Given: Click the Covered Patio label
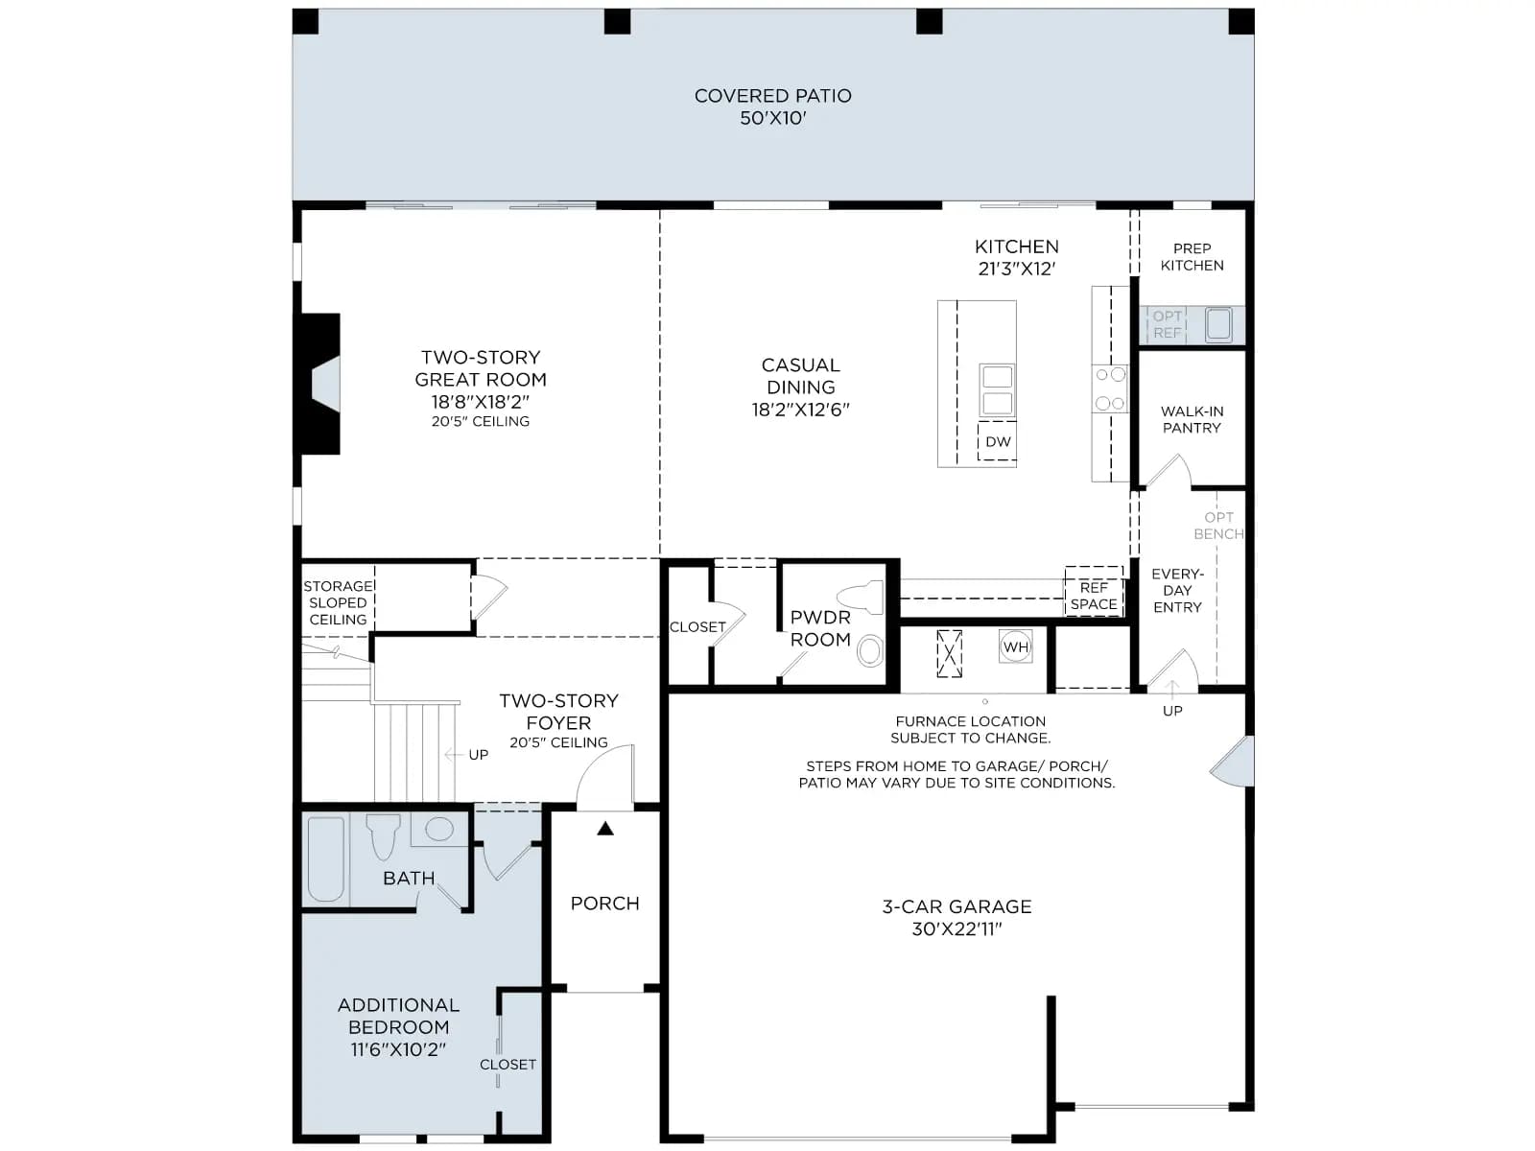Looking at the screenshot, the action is (772, 106).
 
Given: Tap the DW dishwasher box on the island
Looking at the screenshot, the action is (997, 441).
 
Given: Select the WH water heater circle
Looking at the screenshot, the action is (1015, 646).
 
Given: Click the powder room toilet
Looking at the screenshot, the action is (861, 598).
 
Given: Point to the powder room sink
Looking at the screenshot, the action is (870, 650).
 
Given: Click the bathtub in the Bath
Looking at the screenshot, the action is (326, 858).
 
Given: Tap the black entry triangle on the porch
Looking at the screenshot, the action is (605, 829).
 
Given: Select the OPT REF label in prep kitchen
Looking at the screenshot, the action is (1167, 324).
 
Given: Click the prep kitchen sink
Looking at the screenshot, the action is (1217, 324).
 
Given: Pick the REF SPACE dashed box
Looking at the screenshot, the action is (1093, 591).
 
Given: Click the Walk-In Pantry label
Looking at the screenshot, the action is (1192, 419).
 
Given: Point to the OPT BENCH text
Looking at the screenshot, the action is (1218, 526).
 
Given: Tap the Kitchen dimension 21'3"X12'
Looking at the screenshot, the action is (1016, 270).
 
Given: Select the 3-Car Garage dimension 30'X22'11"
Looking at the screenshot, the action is (956, 928).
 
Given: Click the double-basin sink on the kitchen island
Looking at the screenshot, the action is (997, 390).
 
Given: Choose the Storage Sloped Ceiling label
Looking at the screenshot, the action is (338, 602).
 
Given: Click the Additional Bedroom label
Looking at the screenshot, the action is (398, 1026).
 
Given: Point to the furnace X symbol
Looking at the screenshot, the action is (949, 653).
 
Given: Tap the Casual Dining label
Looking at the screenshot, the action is (800, 387).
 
